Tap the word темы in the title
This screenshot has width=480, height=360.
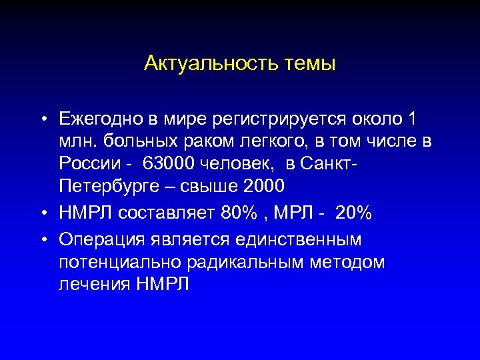pos(311,65)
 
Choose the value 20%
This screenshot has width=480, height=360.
pos(354,213)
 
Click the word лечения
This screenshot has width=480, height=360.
pos(94,284)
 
